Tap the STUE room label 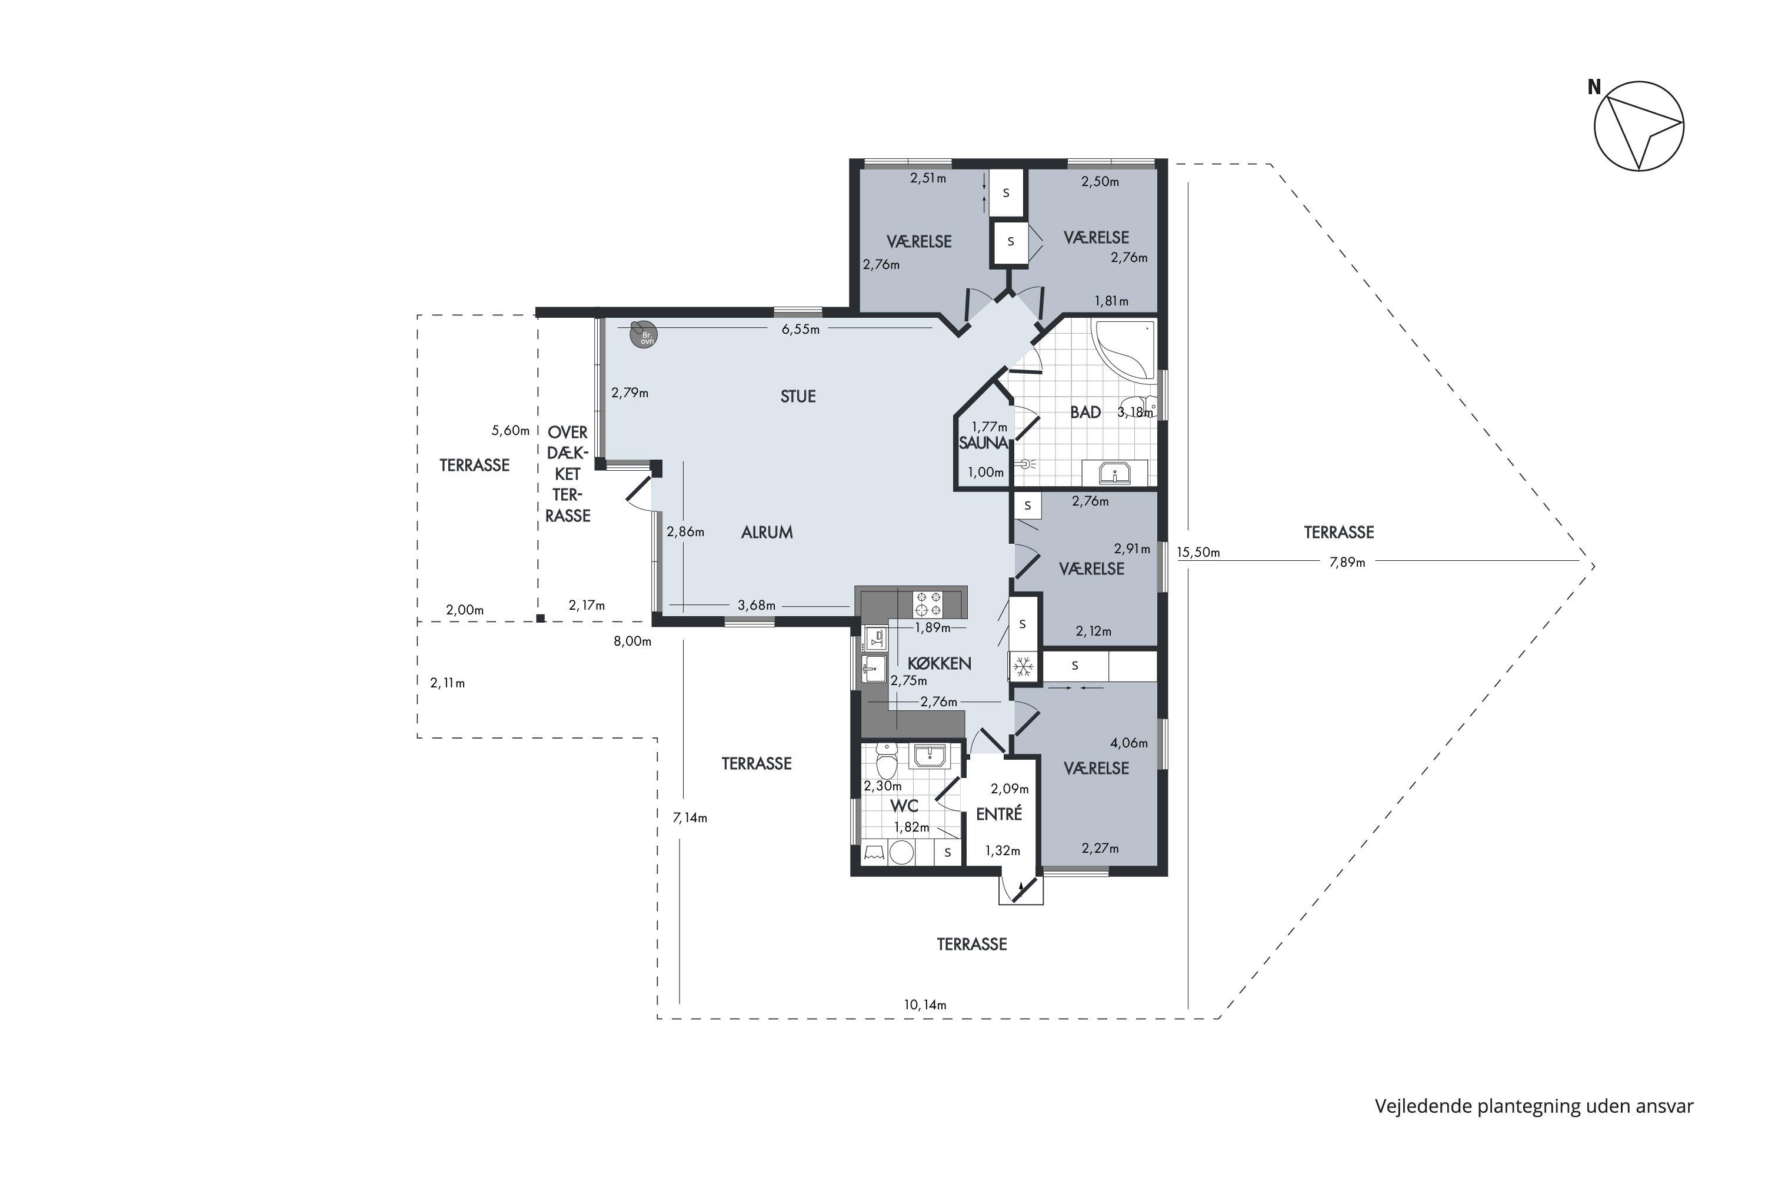coord(798,396)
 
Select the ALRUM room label coord(767,532)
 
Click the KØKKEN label coord(939,664)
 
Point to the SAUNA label coord(983,443)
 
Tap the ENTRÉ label coord(999,814)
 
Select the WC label coord(904,806)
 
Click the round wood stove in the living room coord(643,334)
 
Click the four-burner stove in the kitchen coord(928,604)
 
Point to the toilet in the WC coord(887,762)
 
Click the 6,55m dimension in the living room coord(801,330)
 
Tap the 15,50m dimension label coord(1198,553)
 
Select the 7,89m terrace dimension coord(1347,562)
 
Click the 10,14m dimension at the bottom coord(925,1005)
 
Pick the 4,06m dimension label coord(1130,743)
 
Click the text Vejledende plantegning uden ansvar coord(1534,1106)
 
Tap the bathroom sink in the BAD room coord(1115,474)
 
